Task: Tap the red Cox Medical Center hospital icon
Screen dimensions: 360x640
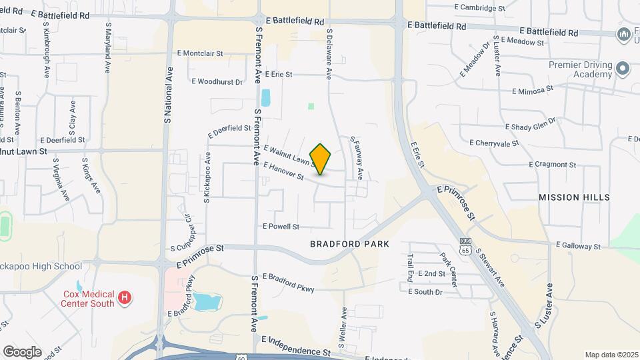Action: point(124,297)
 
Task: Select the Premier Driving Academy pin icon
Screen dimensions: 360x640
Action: point(623,69)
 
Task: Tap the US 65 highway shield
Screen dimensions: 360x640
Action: point(465,246)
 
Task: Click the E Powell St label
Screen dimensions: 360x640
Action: point(281,227)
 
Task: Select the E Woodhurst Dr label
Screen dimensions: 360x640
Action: point(217,82)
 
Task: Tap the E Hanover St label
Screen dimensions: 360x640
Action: point(283,171)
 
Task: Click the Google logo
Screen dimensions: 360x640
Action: point(22,351)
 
